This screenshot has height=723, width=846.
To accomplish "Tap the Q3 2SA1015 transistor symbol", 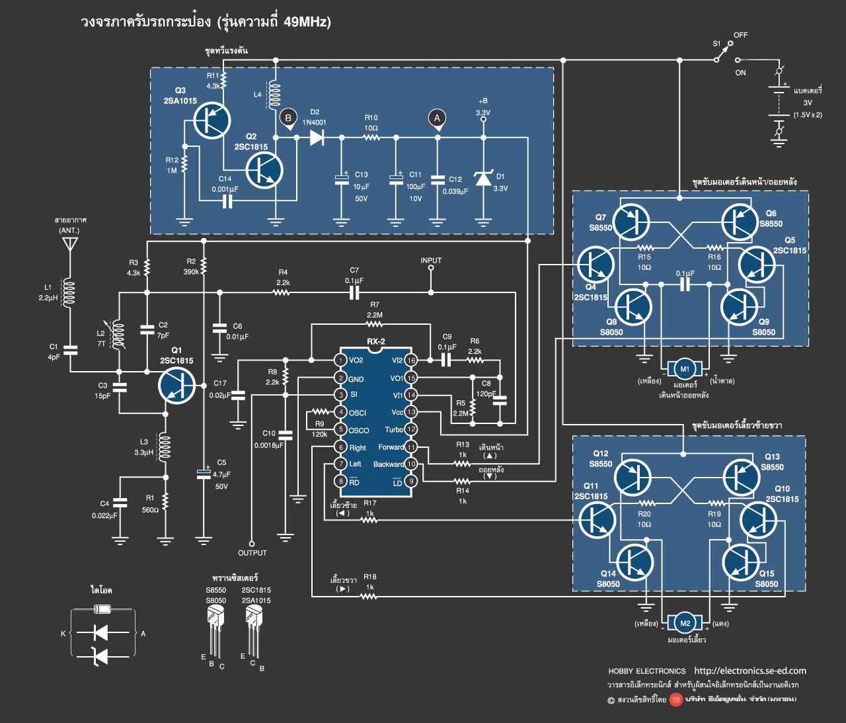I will click(212, 120).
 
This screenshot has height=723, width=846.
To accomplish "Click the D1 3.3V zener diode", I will click(483, 178).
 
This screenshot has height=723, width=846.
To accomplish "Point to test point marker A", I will click(436, 118).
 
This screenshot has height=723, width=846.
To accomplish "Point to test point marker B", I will click(288, 118).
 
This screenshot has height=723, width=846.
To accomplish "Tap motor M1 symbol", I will click(685, 369).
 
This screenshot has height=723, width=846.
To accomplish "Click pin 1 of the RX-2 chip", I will click(340, 360).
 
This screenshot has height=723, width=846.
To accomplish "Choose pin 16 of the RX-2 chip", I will click(411, 360).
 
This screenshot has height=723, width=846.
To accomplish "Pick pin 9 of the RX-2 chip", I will click(411, 481).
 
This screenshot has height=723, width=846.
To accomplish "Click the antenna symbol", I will click(69, 243).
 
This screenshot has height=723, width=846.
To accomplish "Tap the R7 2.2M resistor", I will click(374, 324).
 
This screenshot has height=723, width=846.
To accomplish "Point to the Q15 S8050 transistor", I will click(741, 562).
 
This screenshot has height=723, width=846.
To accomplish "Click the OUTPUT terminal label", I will click(252, 553).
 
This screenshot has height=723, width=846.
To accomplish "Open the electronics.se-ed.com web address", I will click(750, 671).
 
